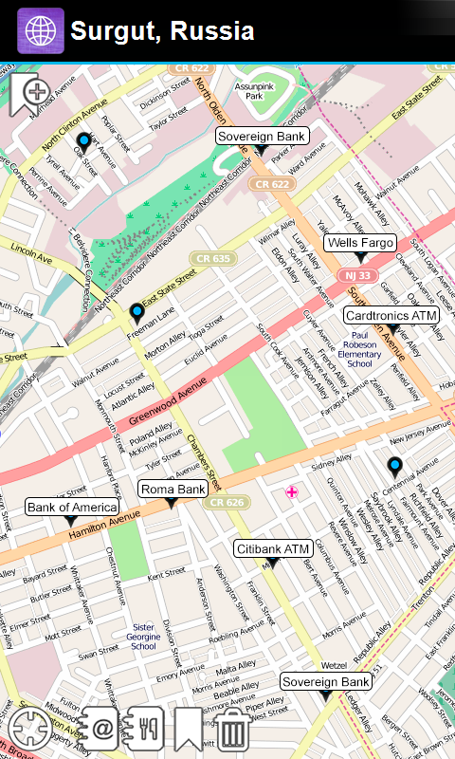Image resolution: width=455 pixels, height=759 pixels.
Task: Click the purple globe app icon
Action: [x=41, y=31]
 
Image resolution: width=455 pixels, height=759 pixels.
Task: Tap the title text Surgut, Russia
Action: [x=162, y=31]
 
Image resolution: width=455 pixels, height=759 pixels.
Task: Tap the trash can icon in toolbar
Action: [x=233, y=730]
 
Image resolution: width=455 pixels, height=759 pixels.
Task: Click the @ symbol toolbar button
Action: [x=100, y=729]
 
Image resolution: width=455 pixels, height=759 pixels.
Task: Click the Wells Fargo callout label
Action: [x=359, y=243]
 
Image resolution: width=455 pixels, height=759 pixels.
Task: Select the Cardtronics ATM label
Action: [x=391, y=315]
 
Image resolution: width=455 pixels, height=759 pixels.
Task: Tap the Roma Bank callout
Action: [x=173, y=490]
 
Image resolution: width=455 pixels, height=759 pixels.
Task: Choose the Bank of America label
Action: [x=70, y=508]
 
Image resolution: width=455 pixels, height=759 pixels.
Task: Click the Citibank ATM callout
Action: [x=273, y=548]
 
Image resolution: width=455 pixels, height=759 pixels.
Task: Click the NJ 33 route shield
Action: [x=357, y=275]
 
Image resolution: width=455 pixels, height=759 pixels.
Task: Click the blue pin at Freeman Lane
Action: [x=137, y=312]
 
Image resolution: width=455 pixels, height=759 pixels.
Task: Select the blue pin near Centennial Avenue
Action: [x=394, y=466]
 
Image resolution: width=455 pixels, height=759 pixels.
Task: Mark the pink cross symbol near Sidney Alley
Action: [x=292, y=491]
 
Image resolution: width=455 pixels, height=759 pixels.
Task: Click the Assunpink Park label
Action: [x=254, y=90]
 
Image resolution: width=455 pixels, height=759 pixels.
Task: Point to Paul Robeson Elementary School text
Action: [x=359, y=348]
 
